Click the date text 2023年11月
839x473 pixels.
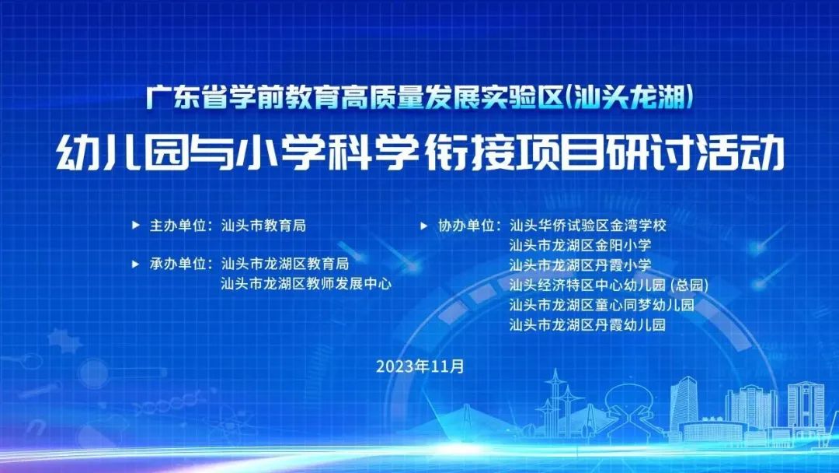(x=420, y=366)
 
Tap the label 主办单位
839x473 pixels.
(x=178, y=226)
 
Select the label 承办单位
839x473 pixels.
(x=178, y=264)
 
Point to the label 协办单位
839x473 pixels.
(x=466, y=226)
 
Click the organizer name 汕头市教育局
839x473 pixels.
(x=264, y=226)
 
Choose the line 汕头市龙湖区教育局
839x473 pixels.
(x=285, y=264)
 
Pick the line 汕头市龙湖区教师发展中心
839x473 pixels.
(x=306, y=283)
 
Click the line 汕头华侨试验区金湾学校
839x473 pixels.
(x=588, y=226)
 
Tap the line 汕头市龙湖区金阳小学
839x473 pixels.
(x=580, y=245)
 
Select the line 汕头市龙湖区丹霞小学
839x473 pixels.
(x=580, y=265)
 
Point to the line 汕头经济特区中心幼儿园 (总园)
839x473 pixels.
(x=609, y=285)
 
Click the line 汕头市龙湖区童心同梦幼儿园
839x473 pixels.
(x=602, y=305)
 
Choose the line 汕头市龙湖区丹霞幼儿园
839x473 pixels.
(x=587, y=324)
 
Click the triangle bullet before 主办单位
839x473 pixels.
(x=136, y=226)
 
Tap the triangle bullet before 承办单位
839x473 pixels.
(x=136, y=264)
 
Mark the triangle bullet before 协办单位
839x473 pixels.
(x=424, y=226)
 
